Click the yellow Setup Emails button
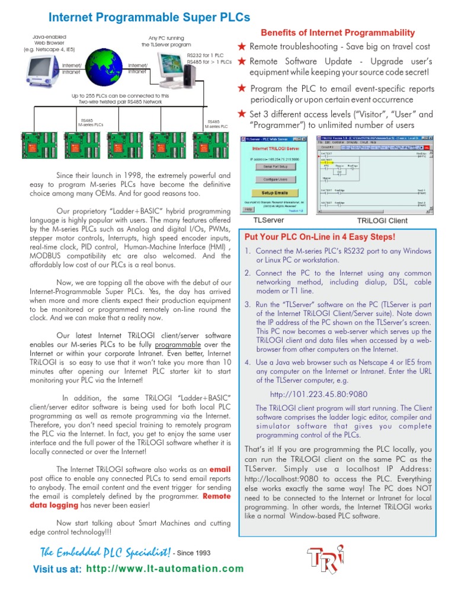(x=273, y=193)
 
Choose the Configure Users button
(x=273, y=178)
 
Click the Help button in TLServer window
(x=249, y=209)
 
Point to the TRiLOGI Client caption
(x=382, y=221)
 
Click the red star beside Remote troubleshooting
(x=242, y=46)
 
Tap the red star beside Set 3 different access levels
(x=242, y=114)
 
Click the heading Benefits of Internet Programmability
(x=338, y=33)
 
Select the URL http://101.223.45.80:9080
(x=319, y=394)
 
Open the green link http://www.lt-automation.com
(x=165, y=569)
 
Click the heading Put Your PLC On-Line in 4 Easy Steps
(x=319, y=237)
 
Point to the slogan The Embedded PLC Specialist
(x=105, y=552)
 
